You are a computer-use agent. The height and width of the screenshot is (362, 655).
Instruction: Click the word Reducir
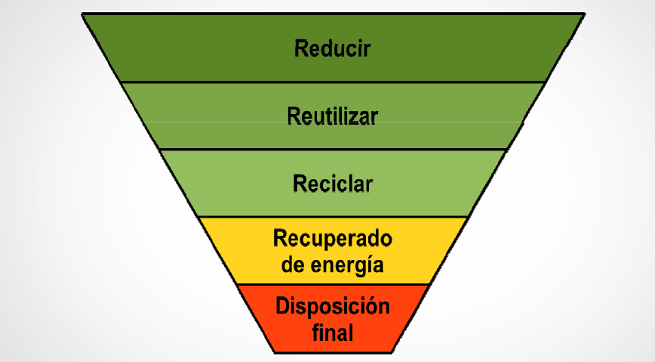[x=333, y=49]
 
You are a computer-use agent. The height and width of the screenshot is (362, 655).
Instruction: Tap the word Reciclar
[x=333, y=184]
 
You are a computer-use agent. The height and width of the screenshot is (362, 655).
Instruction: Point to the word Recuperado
[x=333, y=240]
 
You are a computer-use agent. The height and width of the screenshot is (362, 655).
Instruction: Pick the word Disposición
[x=333, y=307]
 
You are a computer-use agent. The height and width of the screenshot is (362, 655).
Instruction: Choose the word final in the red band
[x=333, y=332]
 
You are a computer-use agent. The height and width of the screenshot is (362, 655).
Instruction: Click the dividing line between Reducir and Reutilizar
[x=333, y=82]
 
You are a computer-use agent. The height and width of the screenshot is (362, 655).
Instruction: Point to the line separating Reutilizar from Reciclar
[x=333, y=149]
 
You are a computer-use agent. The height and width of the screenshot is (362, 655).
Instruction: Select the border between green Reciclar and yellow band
[x=333, y=217]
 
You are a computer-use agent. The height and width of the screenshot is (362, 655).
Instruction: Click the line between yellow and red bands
[x=333, y=284]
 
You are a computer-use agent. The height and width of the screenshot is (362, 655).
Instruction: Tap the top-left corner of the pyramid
[x=83, y=14]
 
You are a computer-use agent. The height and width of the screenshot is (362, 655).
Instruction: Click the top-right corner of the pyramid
[x=583, y=14]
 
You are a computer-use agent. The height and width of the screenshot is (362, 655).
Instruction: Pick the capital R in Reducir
[x=300, y=49]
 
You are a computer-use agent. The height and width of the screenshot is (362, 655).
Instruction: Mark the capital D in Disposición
[x=282, y=307]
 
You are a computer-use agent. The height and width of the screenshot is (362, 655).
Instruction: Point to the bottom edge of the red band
[x=333, y=351]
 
